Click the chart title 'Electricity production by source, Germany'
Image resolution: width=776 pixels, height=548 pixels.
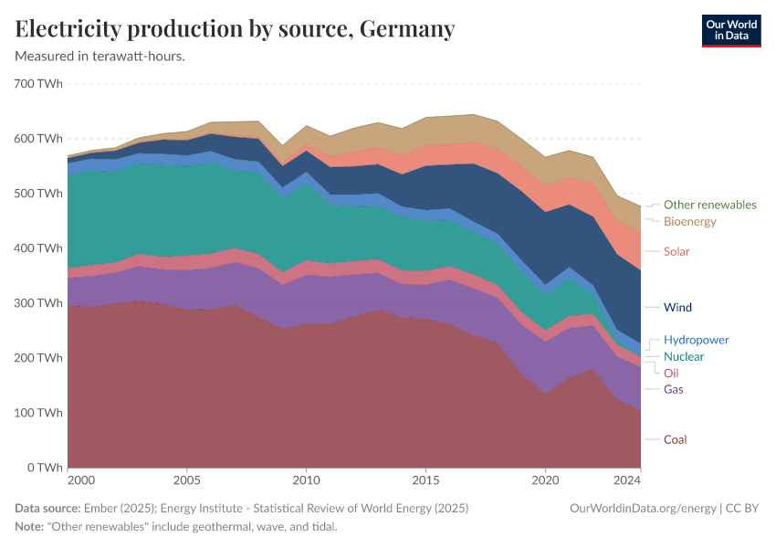point(235,29)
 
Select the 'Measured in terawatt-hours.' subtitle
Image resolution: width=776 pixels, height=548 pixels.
point(100,57)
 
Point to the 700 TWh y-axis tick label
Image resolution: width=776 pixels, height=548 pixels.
point(38,84)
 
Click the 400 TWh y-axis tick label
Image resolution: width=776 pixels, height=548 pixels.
point(38,248)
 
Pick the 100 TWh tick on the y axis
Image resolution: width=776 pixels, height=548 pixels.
point(38,413)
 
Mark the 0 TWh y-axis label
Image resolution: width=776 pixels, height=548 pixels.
point(44,468)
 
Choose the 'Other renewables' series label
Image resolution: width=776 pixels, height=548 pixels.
point(709,205)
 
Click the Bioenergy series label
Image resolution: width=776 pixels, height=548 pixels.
point(689,221)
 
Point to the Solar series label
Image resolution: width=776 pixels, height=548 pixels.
point(676,251)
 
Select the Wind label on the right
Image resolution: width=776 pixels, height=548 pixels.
point(677,308)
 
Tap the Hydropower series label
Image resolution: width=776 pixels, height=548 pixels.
point(696,340)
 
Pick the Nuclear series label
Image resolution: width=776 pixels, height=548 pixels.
point(684,356)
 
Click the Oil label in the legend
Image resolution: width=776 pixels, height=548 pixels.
point(671,373)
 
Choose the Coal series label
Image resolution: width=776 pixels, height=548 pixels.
point(675,439)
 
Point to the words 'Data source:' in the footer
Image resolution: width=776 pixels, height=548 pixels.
point(47,508)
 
